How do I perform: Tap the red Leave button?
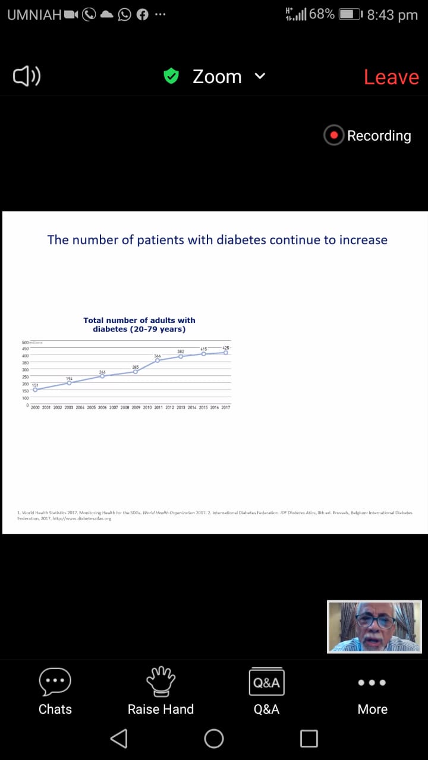coord(391,77)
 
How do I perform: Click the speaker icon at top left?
coord(27,76)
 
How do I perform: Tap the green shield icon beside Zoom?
coord(171,76)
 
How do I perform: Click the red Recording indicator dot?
coord(334,135)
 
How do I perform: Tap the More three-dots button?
coord(373,683)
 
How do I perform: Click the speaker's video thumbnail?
coord(374,627)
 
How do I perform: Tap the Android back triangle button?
coord(119,738)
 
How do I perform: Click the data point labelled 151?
coord(35,389)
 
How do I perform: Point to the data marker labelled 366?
coord(158,360)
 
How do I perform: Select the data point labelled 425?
coord(226,352)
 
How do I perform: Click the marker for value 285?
coord(136,372)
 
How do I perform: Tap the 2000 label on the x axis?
coord(35,408)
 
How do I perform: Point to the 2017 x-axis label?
coord(226,408)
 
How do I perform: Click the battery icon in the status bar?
coord(350,14)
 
